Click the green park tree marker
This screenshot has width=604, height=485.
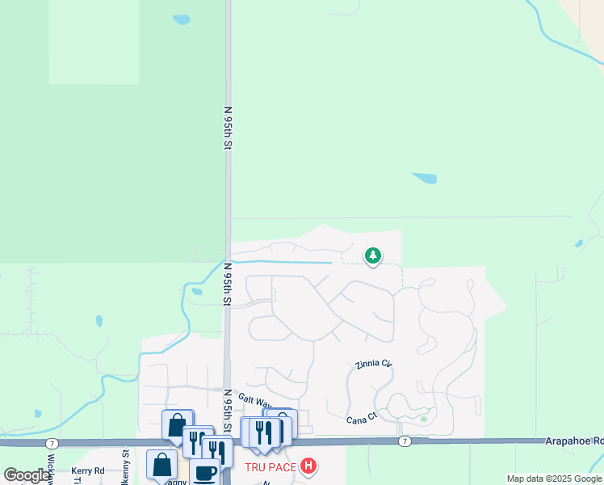click(372, 256)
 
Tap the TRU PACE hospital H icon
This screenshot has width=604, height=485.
click(308, 466)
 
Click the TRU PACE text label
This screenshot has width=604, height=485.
click(271, 467)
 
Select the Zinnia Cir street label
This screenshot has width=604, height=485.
click(373, 365)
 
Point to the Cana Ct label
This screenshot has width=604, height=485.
click(362, 419)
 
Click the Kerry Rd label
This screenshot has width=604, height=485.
click(88, 470)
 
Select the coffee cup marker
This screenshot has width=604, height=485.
click(205, 470)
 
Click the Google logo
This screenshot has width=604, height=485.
click(27, 475)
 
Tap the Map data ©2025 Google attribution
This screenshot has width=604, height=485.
click(554, 479)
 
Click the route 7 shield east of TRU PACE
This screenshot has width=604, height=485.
click(405, 441)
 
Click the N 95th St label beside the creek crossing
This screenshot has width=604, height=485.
click(228, 284)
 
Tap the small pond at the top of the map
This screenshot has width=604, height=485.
click(182, 19)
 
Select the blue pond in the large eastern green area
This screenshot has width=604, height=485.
click(424, 178)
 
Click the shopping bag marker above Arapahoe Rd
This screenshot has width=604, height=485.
click(177, 424)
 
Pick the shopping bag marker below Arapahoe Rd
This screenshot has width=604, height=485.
click(161, 464)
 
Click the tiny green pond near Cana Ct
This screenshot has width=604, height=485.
click(424, 419)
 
